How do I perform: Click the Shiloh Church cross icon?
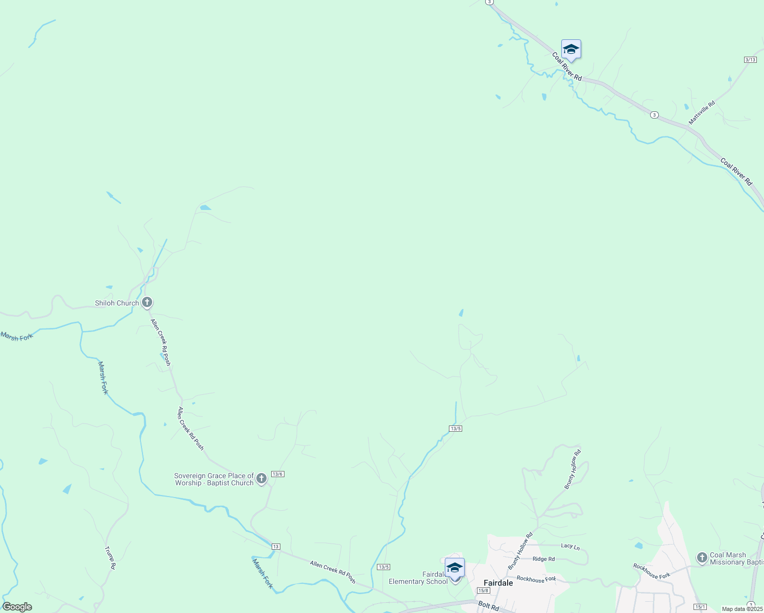(x=147, y=302)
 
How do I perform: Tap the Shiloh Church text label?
(x=117, y=303)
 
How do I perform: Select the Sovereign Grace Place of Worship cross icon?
(x=261, y=479)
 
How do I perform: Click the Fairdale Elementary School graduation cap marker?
(x=455, y=568)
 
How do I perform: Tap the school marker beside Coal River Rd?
(x=570, y=50)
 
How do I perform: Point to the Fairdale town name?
(x=498, y=583)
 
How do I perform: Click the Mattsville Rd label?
(x=702, y=113)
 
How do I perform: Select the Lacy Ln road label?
(x=570, y=546)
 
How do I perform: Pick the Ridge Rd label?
(x=543, y=559)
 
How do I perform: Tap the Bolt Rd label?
(x=488, y=606)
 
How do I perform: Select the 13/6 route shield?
(x=277, y=474)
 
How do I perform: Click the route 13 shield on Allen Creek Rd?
(x=276, y=547)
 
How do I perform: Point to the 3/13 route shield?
(x=750, y=60)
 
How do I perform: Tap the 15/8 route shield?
(x=483, y=591)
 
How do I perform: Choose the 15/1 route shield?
(x=700, y=607)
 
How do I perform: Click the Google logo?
(x=17, y=607)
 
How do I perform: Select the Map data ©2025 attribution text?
(x=742, y=609)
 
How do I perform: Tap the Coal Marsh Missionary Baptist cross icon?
(x=702, y=557)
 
